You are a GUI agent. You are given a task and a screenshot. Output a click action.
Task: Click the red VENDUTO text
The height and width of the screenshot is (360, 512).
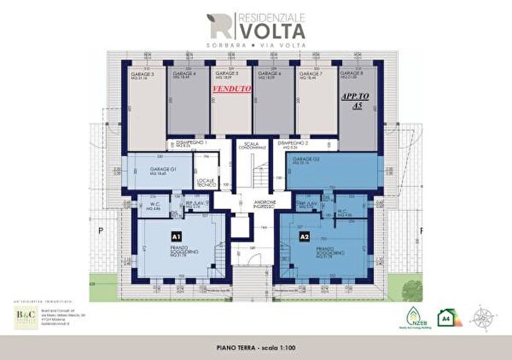[x=231, y=89]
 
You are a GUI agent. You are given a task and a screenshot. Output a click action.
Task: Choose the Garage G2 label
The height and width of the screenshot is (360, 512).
[x=306, y=160]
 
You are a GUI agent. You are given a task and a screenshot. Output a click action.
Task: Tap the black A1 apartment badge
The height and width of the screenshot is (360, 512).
[x=176, y=237]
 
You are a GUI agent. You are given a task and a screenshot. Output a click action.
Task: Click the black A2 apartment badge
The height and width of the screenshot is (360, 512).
[x=304, y=237]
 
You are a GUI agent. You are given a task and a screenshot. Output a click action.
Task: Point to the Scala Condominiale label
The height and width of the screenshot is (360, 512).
[x=252, y=145]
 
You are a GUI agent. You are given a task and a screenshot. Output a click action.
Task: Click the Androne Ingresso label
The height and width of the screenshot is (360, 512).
[x=255, y=204]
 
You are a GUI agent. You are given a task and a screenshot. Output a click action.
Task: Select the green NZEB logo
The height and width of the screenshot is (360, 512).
[x=413, y=318]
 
